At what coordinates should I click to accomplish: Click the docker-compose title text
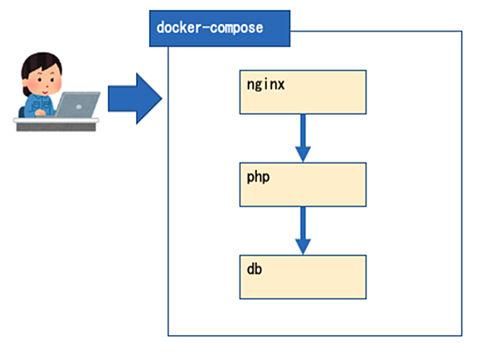point(210,27)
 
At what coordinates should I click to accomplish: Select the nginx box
point(303,92)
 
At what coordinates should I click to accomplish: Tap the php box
point(303,184)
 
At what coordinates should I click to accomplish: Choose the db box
point(303,277)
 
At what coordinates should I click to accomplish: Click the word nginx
point(265,85)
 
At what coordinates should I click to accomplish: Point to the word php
point(258,178)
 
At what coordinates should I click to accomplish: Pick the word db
point(254,269)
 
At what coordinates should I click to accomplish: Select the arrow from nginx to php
point(303,139)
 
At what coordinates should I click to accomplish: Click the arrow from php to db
point(303,231)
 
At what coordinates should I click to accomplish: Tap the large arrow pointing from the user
point(135,99)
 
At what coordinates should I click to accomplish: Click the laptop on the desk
point(77,105)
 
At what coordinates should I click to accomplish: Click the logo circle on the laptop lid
point(79,106)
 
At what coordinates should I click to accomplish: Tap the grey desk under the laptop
point(56,124)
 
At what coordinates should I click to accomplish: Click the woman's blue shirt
point(38,105)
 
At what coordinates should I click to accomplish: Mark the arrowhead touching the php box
point(303,154)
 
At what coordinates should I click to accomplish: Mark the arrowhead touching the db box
point(303,246)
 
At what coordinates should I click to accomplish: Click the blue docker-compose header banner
point(220,28)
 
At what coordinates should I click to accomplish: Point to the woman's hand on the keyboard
point(41,113)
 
